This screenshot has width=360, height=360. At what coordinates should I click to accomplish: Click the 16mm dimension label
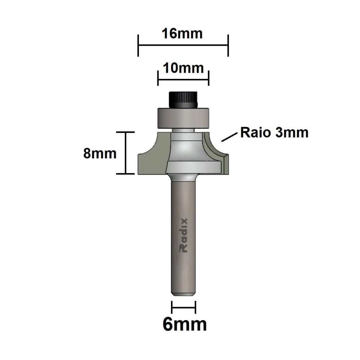pos(182,33)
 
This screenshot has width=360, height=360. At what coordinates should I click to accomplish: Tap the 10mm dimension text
pos(184,67)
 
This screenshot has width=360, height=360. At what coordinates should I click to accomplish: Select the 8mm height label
pos(100,154)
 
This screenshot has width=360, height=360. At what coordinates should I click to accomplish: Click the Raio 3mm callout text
pos(274,132)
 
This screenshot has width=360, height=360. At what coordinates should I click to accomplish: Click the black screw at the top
pos(183,99)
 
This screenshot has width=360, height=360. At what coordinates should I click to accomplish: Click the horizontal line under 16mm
pos(183,45)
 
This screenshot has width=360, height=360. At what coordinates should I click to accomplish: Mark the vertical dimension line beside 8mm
pos(125,153)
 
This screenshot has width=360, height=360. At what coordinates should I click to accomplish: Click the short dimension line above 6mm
pos(184,307)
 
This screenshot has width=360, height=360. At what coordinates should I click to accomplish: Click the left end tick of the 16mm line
pos(138,46)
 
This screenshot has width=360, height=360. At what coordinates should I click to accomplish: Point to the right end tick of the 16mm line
pos(228,46)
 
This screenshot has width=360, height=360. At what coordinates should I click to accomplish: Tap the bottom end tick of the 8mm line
pos(125,174)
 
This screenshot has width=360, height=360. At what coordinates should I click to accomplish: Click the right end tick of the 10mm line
pos(209,77)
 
